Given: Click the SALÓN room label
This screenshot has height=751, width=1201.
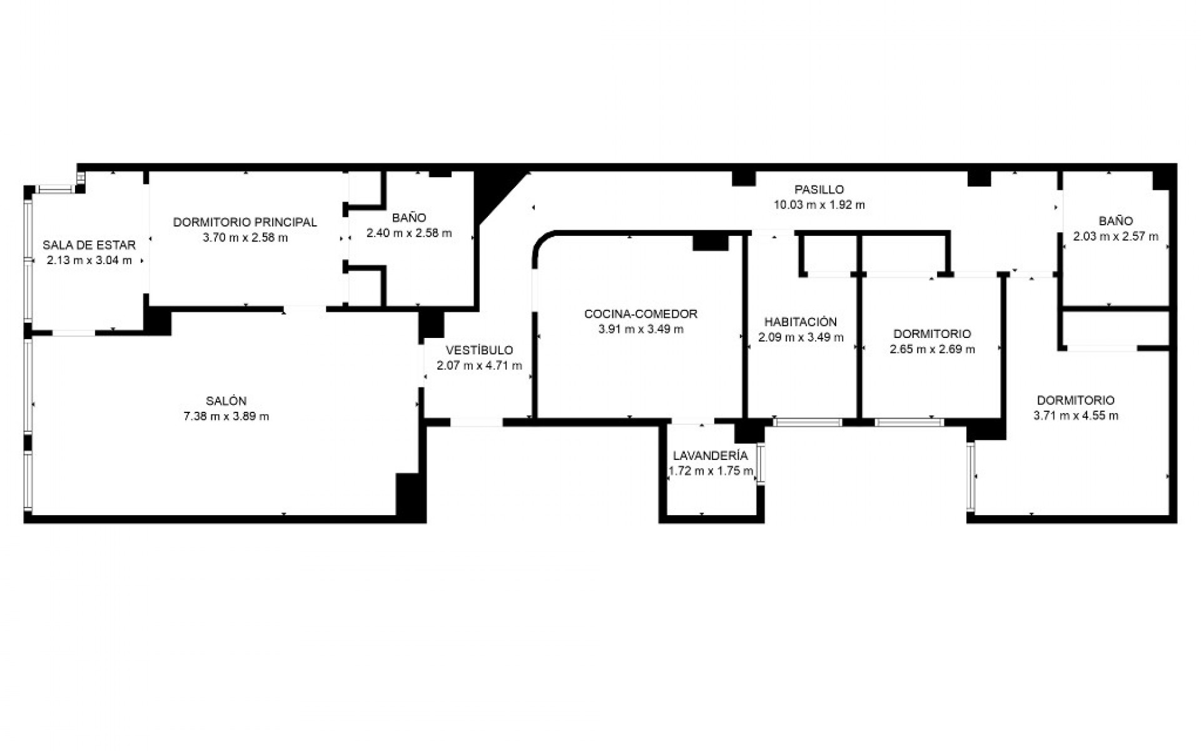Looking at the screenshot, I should click(x=226, y=401).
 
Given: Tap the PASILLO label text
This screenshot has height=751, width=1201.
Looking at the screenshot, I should click(x=819, y=189).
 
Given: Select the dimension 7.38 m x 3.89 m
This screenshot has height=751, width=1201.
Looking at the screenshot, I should click(x=226, y=416).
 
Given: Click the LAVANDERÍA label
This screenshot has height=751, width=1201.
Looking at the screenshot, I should click(x=710, y=456).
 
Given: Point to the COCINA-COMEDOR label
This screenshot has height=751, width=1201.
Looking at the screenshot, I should click(x=641, y=314).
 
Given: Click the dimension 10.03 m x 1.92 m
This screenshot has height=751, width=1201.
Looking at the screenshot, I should click(x=819, y=205).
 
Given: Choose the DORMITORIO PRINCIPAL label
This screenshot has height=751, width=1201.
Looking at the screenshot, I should click(x=245, y=222).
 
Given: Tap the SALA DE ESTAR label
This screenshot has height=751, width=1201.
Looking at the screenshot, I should click(x=89, y=245).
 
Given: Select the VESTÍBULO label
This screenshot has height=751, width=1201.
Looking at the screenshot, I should click(x=479, y=350).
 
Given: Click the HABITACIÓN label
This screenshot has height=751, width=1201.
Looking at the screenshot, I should click(x=800, y=322).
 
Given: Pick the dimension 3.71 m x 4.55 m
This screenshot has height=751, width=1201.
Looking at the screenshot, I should click(x=1075, y=416).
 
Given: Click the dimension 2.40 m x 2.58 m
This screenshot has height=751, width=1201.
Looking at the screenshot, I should click(x=408, y=233).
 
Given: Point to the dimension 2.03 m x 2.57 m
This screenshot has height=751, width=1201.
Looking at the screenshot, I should click(x=1115, y=237).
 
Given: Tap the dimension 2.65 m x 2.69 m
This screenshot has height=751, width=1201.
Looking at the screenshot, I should click(x=932, y=349).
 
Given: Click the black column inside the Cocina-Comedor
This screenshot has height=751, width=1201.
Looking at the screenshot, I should click(x=710, y=241).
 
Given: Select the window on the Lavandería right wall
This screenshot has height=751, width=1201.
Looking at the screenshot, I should click(x=760, y=462).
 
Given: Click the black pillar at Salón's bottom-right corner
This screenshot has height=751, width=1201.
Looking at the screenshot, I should click(x=410, y=496).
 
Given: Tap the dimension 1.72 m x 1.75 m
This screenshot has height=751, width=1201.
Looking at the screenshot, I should click(x=711, y=471).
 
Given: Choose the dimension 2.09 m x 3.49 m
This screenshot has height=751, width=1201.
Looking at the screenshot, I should click(x=800, y=338).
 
